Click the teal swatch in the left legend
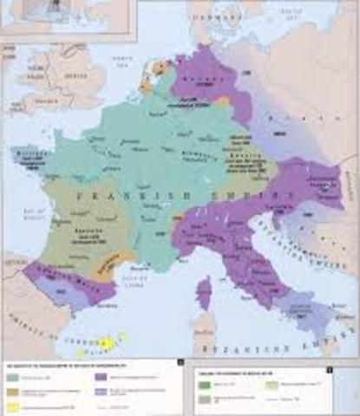[14, 375]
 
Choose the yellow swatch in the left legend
[14, 403]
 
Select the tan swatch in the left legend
[14, 388]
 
